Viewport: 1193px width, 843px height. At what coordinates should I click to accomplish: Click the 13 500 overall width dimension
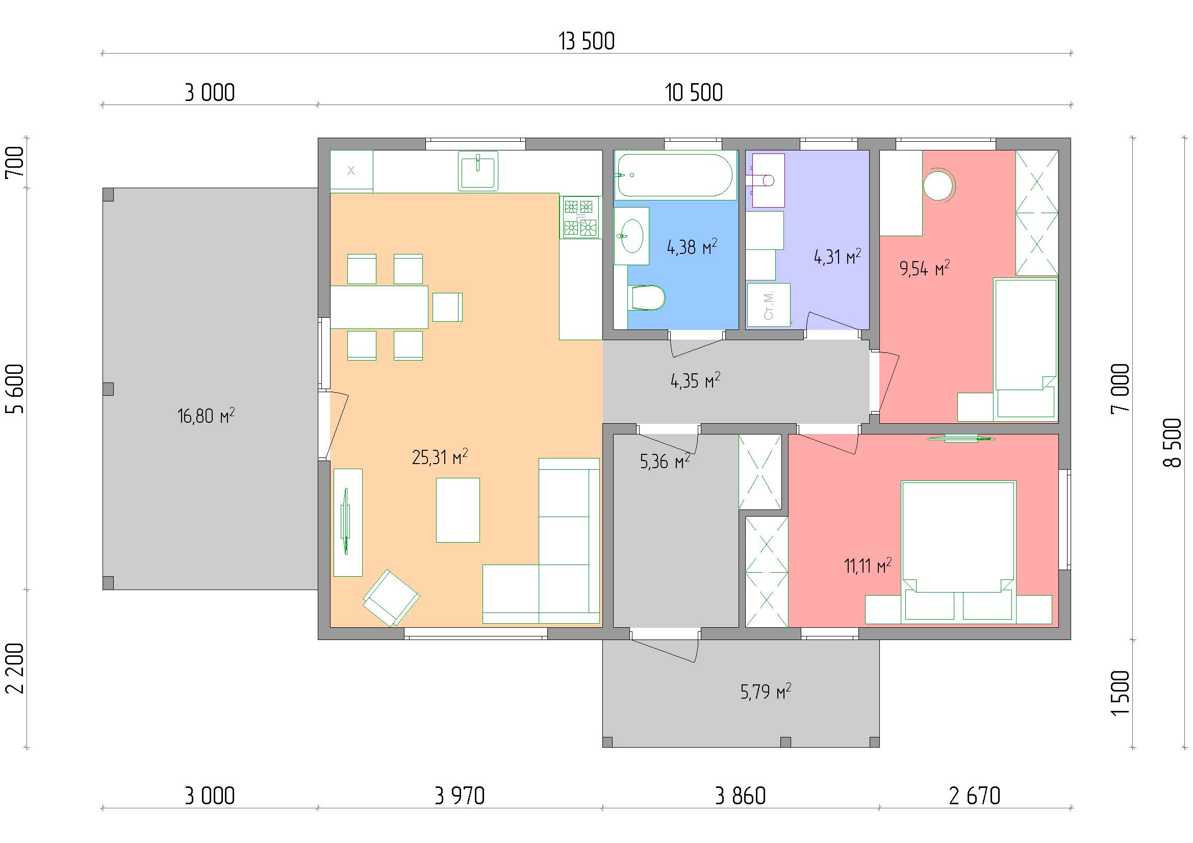pos(587,41)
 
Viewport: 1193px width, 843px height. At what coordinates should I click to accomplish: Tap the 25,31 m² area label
pos(440,457)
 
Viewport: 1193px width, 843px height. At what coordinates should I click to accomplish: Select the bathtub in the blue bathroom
pos(675,175)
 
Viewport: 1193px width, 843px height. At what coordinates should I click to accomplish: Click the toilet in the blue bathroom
pos(646,298)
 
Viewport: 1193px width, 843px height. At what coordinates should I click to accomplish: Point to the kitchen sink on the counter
pos(477,171)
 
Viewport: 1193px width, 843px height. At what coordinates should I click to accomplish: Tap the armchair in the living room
pos(391,598)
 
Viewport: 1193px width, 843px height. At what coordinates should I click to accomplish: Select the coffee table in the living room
pos(458,510)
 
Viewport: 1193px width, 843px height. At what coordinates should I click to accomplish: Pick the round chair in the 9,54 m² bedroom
pos(940,185)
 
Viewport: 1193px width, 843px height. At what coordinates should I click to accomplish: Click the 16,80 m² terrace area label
pos(206,416)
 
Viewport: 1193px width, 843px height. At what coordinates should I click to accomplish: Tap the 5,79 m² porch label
pos(766,692)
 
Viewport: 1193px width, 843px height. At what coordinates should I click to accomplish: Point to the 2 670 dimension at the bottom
pos(974,796)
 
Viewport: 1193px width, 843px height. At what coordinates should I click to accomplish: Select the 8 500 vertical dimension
pos(1172,443)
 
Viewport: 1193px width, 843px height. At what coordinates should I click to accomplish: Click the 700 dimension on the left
pos(15,162)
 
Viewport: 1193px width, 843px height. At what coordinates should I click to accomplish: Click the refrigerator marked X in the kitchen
pos(351,171)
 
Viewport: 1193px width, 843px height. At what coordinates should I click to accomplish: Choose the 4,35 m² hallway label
pos(695,381)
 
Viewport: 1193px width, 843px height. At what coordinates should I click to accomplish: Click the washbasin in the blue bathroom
pos(632,236)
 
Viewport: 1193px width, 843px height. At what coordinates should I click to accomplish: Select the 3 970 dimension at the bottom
pos(460,796)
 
